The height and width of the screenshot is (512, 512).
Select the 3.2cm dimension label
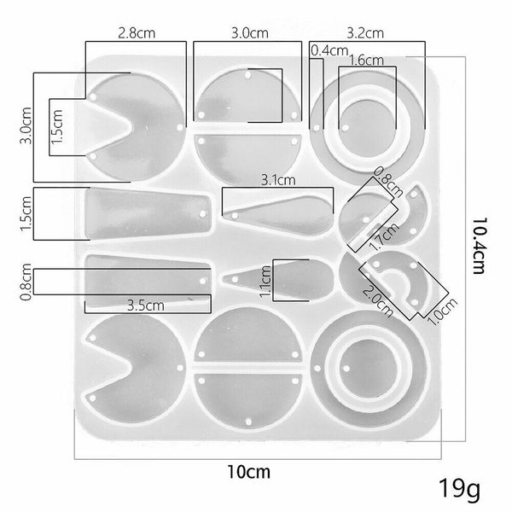tap(364, 34)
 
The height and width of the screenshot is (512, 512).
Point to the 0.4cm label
tap(330, 51)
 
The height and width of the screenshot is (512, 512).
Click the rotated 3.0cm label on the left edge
tap(25, 134)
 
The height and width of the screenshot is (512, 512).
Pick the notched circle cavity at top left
tap(128, 119)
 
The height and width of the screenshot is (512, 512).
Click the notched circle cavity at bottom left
tap(128, 363)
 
